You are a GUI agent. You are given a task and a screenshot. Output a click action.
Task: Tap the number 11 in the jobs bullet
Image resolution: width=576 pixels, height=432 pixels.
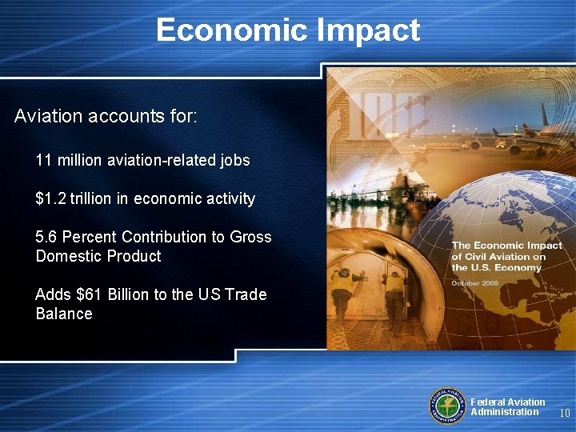pyautogui.click(x=44, y=161)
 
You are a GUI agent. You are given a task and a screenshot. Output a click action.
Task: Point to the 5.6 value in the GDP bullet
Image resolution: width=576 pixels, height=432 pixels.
pyautogui.click(x=46, y=237)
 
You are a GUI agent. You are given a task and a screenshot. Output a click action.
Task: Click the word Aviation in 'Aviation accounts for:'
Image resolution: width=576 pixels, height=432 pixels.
pyautogui.click(x=48, y=116)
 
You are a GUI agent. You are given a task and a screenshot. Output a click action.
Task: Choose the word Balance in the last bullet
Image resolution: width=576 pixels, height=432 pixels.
pyautogui.click(x=64, y=314)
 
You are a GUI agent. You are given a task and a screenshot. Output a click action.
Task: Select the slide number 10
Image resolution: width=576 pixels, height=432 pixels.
pyautogui.click(x=564, y=414)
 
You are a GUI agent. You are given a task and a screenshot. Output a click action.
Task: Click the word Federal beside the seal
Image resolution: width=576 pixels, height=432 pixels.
pyautogui.click(x=486, y=402)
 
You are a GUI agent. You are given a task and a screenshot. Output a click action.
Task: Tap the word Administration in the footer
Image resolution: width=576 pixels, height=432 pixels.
pyautogui.click(x=505, y=412)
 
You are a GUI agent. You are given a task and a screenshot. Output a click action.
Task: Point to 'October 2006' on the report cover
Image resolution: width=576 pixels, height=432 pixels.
pyautogui.click(x=476, y=283)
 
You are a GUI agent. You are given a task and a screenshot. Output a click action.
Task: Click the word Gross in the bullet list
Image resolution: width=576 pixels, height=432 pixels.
pyautogui.click(x=250, y=237)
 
